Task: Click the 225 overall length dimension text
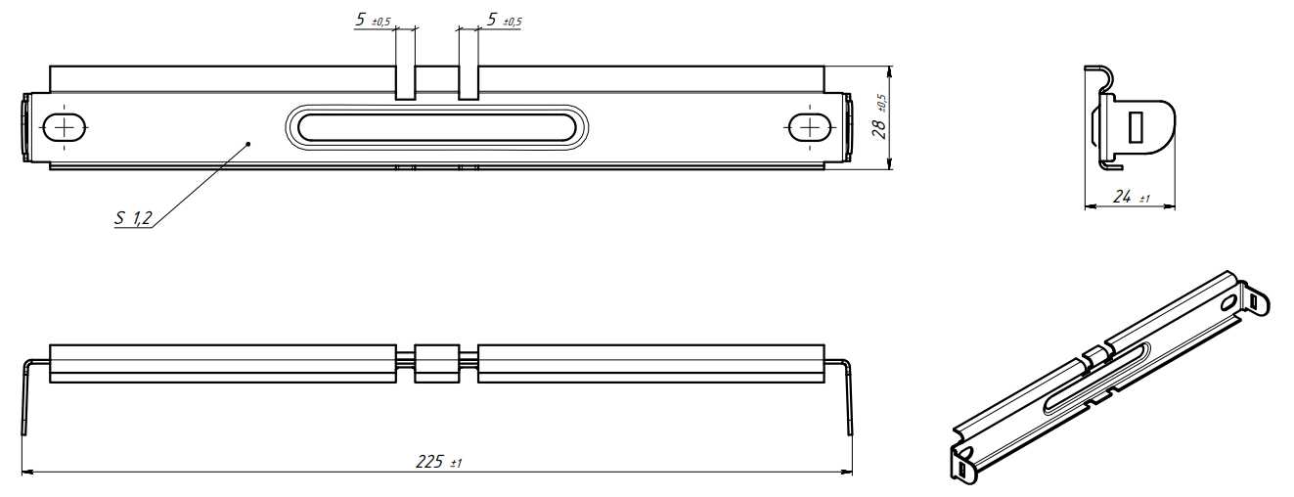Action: [438, 462]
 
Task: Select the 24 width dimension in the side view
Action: [1131, 197]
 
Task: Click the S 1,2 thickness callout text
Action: [133, 218]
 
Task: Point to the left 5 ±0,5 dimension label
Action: [374, 21]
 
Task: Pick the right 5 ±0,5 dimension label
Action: [505, 21]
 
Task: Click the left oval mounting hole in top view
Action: [65, 127]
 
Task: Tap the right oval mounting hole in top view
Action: [812, 127]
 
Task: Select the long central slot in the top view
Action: [436, 128]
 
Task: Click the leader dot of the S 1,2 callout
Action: [248, 143]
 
